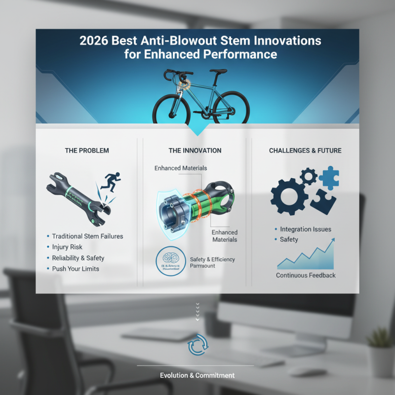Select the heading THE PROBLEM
tap(87, 151)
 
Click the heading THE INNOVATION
tap(195, 151)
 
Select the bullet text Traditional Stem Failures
tap(87, 237)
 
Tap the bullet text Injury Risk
tap(67, 247)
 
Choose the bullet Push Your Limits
tap(76, 269)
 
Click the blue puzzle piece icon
tap(328, 176)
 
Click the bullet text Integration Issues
tap(306, 230)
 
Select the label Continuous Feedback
tap(306, 276)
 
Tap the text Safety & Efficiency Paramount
tap(212, 262)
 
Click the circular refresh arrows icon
tap(197, 347)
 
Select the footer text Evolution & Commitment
tap(197, 376)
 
